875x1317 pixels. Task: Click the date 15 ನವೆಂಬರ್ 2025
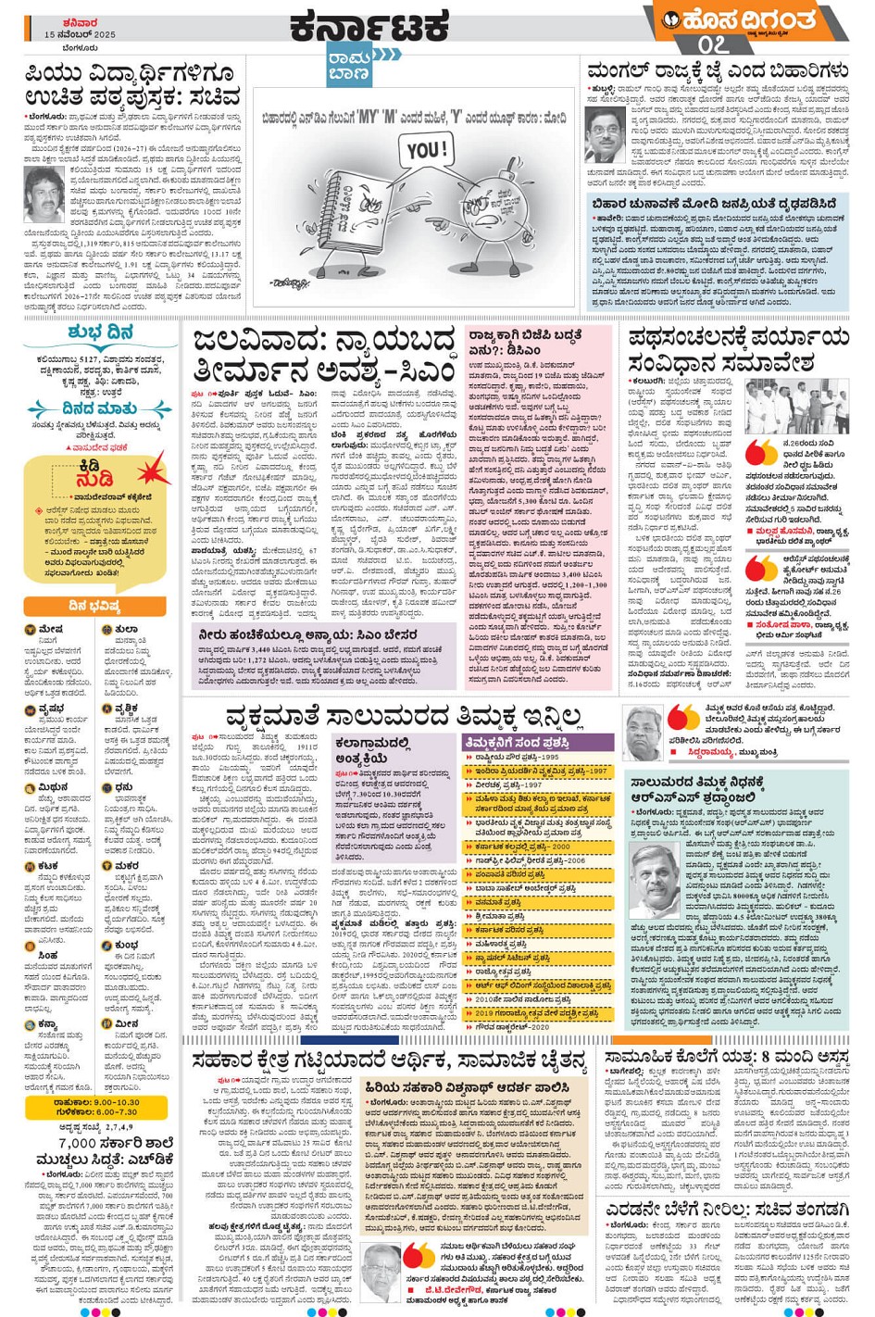coord(80,34)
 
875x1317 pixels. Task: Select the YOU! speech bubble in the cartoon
coord(427,150)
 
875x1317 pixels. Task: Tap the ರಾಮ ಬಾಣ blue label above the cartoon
coord(350,64)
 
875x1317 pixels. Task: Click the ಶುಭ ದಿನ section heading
coord(100,332)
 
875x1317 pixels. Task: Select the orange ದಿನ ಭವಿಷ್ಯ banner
coord(94,606)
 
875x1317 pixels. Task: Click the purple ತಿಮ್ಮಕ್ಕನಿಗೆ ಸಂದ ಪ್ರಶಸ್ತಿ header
coord(537,742)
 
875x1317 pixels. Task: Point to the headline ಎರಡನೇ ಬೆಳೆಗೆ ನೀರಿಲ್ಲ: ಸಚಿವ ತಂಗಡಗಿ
coord(727,1210)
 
